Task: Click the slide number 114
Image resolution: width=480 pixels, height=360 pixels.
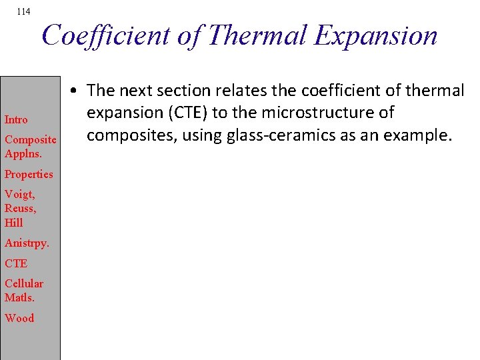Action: click(x=23, y=12)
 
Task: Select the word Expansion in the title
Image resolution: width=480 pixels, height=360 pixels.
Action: click(x=377, y=35)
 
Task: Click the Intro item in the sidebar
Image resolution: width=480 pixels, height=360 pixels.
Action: click(x=16, y=120)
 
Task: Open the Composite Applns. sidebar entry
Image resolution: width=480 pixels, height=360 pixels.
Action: click(x=30, y=146)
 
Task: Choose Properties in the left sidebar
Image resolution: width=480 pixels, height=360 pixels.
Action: click(x=29, y=174)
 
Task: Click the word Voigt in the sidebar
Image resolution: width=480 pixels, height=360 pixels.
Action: click(x=20, y=195)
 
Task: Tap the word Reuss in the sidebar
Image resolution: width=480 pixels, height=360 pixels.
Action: click(x=20, y=209)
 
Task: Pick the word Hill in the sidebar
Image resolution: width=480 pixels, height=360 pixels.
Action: click(x=13, y=223)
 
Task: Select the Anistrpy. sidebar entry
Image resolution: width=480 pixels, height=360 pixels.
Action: click(x=26, y=243)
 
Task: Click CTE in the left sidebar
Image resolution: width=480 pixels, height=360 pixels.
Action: click(x=16, y=263)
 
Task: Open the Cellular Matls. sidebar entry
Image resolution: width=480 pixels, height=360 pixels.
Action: click(x=24, y=290)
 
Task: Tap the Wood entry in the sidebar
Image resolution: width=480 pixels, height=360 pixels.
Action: click(x=19, y=318)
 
